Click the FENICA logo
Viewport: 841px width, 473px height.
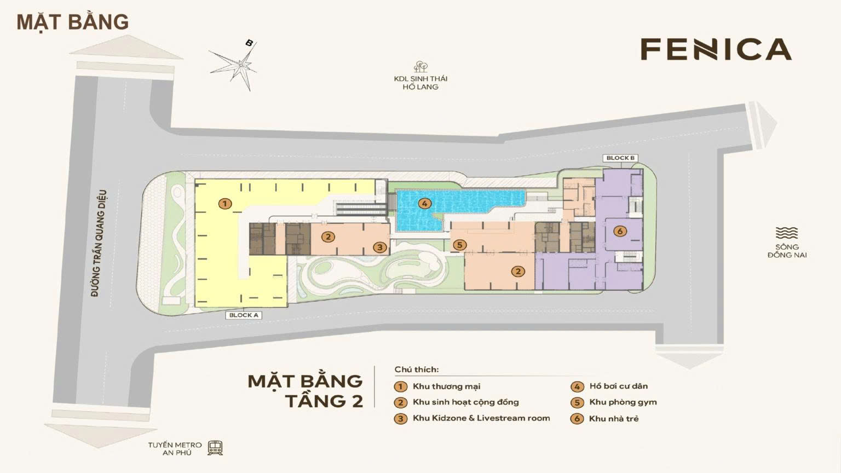click(x=716, y=49)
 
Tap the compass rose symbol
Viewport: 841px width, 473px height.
click(x=240, y=65)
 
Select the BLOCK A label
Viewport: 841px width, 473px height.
click(x=244, y=315)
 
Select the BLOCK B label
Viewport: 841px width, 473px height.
click(x=620, y=158)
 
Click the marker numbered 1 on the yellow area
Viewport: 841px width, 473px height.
click(x=224, y=204)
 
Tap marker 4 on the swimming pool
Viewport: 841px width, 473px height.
click(x=424, y=204)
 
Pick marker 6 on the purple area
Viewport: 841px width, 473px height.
click(x=620, y=231)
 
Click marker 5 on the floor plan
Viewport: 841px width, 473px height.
click(x=459, y=245)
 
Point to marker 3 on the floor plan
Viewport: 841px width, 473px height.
click(x=381, y=247)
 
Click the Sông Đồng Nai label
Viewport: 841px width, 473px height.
click(x=787, y=251)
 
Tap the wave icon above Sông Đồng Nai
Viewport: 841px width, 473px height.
click(x=787, y=233)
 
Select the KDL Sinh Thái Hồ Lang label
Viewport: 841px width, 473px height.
click(x=420, y=83)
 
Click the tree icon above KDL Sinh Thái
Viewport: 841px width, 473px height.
click(x=420, y=67)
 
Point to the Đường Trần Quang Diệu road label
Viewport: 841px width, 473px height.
click(x=99, y=244)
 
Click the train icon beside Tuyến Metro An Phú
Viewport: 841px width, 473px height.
click(x=215, y=448)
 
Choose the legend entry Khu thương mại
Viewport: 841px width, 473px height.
click(x=446, y=386)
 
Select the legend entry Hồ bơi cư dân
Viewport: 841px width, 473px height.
click(x=618, y=386)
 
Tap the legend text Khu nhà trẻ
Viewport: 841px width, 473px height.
click(x=614, y=419)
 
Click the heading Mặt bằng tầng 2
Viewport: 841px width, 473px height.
click(x=306, y=390)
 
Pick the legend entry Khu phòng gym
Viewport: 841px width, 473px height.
click(x=623, y=402)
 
